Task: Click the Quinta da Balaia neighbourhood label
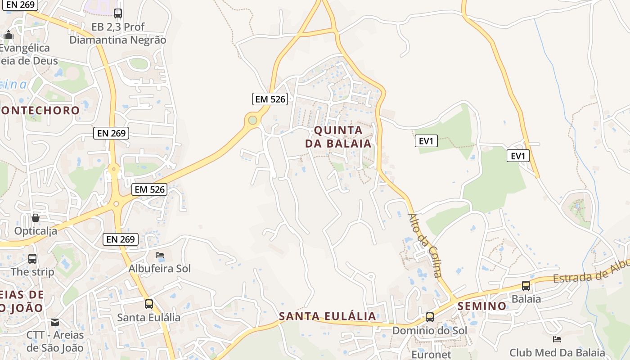coord(338,137)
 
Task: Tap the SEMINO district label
coord(482,306)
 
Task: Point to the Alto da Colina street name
coord(425,245)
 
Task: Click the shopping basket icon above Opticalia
coord(36,218)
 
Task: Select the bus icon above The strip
coord(32,259)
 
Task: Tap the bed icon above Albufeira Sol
coord(159,255)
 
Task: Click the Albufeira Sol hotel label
coord(160,269)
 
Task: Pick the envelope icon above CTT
coord(55,322)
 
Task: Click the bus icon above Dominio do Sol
coord(430,317)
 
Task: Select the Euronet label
coord(431,353)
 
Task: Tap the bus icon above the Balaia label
coord(526,285)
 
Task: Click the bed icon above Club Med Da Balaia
coord(557,339)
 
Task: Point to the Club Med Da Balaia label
coord(557,352)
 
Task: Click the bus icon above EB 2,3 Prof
coord(118,13)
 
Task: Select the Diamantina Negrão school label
coord(118,40)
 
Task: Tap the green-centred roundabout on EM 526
coord(252,120)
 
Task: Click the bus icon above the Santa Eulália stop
coord(149,304)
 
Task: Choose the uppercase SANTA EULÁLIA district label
coord(327,316)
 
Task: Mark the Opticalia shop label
coord(36,231)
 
